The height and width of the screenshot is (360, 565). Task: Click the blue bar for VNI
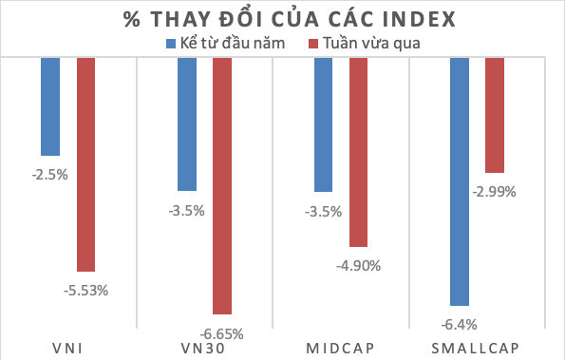click(50, 105)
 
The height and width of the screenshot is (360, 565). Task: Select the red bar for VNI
click(85, 163)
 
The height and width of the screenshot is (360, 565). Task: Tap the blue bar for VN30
click(186, 123)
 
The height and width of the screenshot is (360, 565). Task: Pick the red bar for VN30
click(221, 185)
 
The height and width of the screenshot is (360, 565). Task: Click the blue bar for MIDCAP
click(323, 123)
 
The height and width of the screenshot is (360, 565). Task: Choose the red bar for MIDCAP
click(358, 152)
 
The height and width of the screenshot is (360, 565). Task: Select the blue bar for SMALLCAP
click(460, 180)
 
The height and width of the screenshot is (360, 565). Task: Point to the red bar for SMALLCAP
click(495, 115)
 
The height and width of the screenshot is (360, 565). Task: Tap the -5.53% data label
click(86, 291)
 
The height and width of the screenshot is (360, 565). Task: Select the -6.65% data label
click(222, 333)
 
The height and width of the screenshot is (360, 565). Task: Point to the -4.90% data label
click(359, 266)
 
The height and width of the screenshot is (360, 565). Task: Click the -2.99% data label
click(495, 191)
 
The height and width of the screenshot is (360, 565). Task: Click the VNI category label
click(68, 347)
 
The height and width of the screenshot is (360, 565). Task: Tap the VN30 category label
click(204, 347)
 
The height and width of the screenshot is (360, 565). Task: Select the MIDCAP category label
click(340, 347)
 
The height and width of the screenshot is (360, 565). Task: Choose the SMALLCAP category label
click(477, 347)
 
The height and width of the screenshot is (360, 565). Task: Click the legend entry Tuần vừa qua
click(365, 43)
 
